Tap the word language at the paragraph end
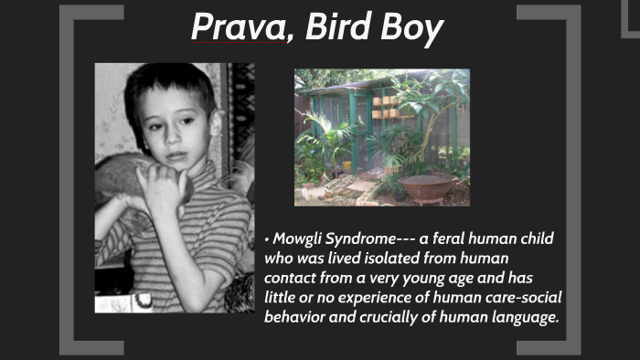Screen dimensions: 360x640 [x=526, y=317]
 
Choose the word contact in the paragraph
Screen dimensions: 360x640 [x=291, y=279]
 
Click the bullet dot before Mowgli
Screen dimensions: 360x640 [x=266, y=239]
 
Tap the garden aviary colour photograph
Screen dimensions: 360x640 [x=381, y=137]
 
